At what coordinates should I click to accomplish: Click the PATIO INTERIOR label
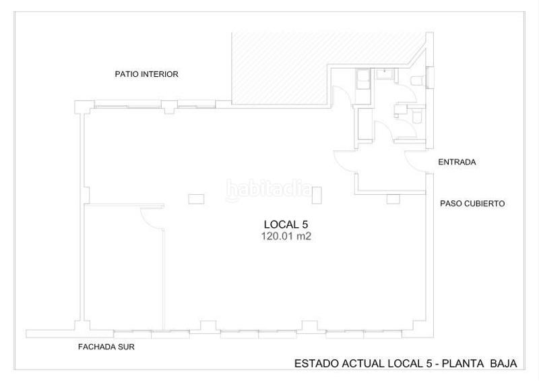tap(146, 75)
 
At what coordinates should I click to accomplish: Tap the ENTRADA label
tap(457, 162)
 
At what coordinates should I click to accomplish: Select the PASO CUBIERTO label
tap(472, 203)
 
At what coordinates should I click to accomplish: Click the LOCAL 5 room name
tap(285, 225)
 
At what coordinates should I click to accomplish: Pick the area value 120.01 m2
tap(285, 237)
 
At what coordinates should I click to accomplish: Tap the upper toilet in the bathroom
tap(418, 80)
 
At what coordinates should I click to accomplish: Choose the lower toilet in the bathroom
tap(416, 117)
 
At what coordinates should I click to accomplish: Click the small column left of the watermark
tap(196, 198)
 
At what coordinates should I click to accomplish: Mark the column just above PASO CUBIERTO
tap(393, 199)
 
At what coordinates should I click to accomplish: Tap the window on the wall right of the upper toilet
tap(432, 78)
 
